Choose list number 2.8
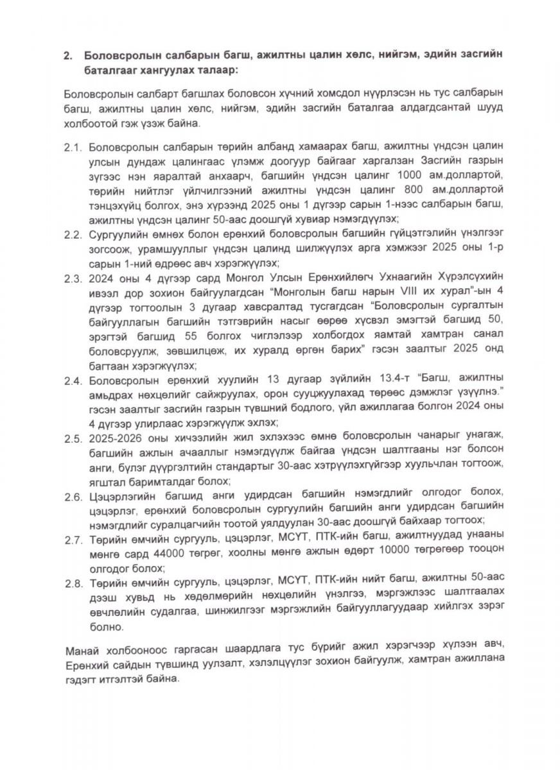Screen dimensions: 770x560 tap(73, 585)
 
